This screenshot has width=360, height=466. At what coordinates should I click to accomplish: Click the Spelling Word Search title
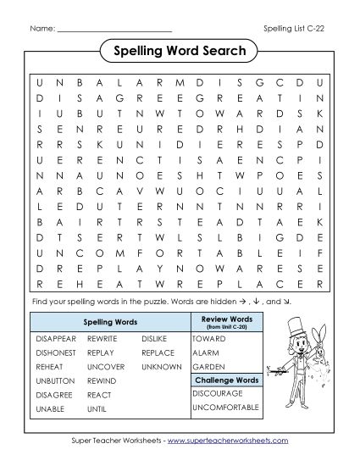pyautogui.click(x=180, y=52)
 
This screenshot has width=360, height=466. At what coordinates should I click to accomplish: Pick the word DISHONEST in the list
pyautogui.click(x=57, y=352)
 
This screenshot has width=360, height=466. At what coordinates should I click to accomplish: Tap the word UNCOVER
pyautogui.click(x=104, y=367)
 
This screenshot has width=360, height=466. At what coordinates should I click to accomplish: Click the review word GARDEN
pyautogui.click(x=208, y=367)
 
